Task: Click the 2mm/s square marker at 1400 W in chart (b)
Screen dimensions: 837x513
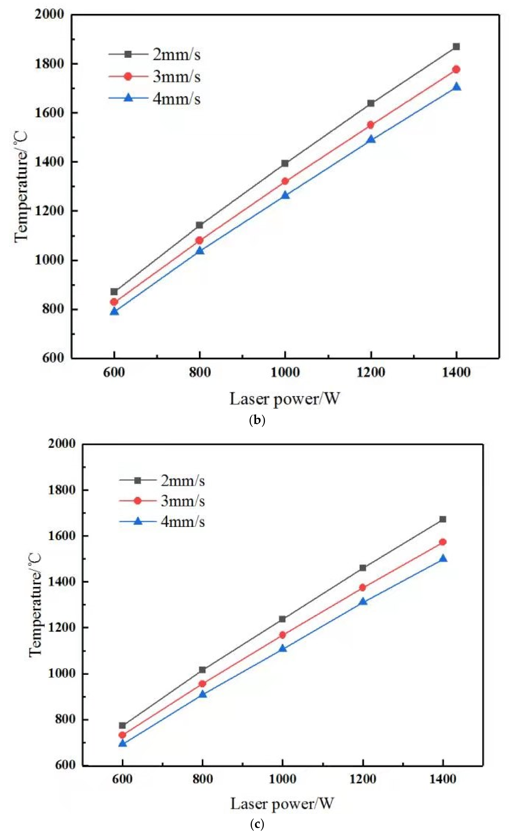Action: [x=456, y=46]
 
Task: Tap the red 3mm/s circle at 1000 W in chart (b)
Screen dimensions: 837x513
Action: [x=285, y=181]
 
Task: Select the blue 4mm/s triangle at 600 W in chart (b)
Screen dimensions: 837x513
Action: [x=114, y=311]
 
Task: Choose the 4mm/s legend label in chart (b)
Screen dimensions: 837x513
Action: [x=176, y=99]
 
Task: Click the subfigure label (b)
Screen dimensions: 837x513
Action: [x=257, y=421]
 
